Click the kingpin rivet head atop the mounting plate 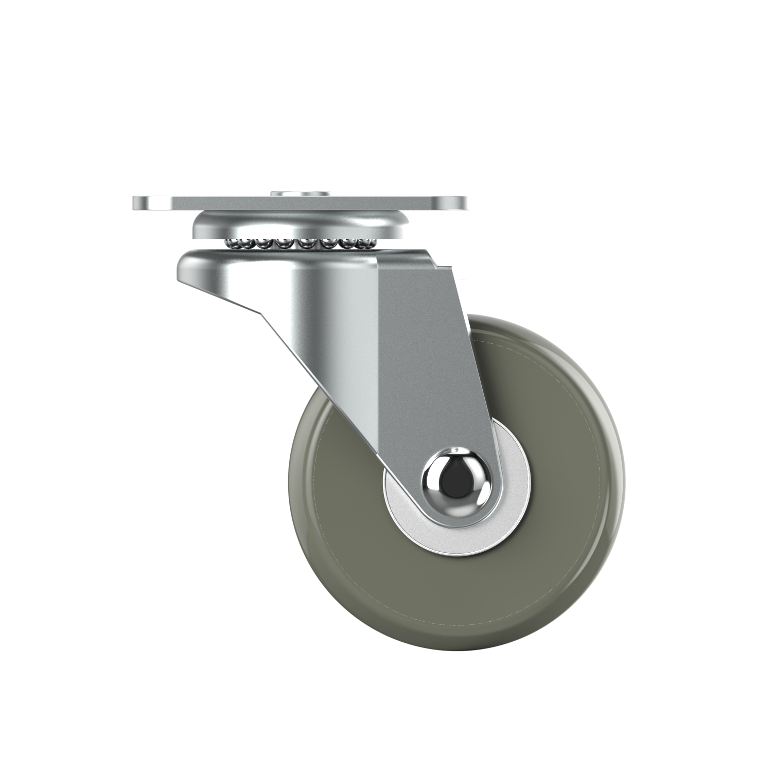coord(300,194)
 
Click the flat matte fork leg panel coord(427,360)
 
